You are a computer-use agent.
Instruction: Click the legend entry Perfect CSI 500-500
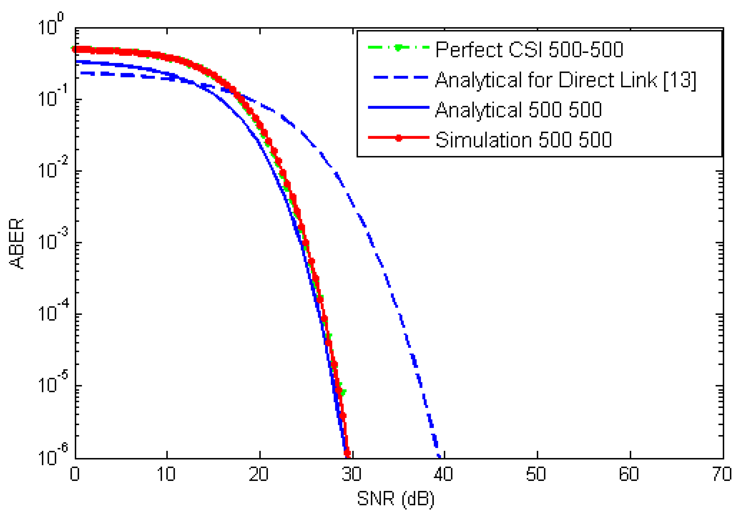tap(529, 50)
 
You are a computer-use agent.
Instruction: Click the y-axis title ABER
tap(17, 243)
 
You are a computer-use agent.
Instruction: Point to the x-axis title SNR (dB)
tap(396, 499)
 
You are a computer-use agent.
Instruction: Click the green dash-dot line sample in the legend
tap(399, 48)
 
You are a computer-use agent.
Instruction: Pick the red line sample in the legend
tap(399, 138)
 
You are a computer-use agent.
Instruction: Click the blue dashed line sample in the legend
tap(401, 78)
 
